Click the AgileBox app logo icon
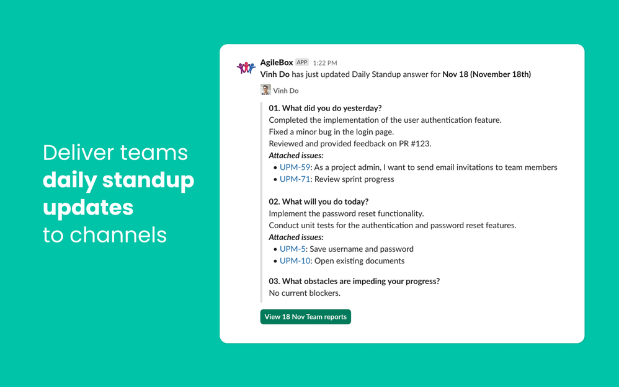point(246,67)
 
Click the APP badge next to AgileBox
point(302,63)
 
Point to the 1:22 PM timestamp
point(325,63)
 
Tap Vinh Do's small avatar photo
point(265,90)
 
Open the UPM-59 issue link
point(295,167)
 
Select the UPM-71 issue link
point(295,179)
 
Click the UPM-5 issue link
point(292,249)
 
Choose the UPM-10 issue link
point(295,261)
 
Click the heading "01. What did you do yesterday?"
point(325,108)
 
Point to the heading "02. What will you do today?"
point(318,202)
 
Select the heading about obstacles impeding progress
point(354,281)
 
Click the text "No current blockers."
point(305,293)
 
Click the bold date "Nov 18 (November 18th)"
point(486,74)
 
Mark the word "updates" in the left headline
point(88,207)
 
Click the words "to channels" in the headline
point(105,235)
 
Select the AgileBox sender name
point(277,63)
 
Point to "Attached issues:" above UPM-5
point(296,237)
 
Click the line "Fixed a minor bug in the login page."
point(331,132)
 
